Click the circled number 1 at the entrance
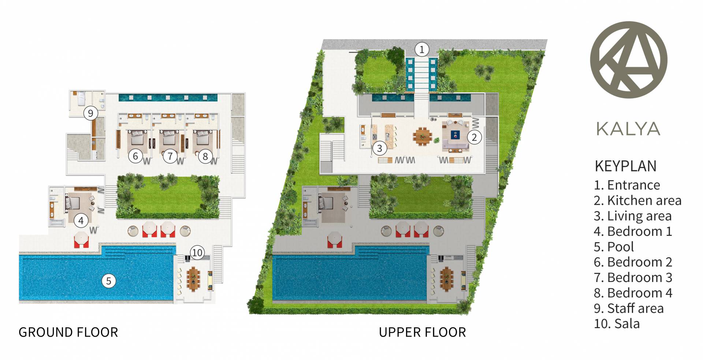tap(422, 49)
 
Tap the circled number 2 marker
tap(474, 137)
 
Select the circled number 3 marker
tap(380, 148)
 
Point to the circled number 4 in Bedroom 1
tap(81, 220)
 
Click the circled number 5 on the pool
tap(108, 281)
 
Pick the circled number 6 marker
tap(135, 156)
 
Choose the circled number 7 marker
tap(170, 156)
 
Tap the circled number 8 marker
tap(205, 156)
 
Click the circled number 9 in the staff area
tap(90, 113)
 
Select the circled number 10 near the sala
tap(197, 252)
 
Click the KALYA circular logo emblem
tap(629, 60)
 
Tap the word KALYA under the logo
tap(628, 129)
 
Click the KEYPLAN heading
tap(625, 166)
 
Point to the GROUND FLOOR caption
tap(68, 332)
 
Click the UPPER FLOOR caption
tap(423, 332)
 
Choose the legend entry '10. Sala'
tap(617, 324)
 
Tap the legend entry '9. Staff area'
tap(629, 308)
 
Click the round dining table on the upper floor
tap(423, 136)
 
